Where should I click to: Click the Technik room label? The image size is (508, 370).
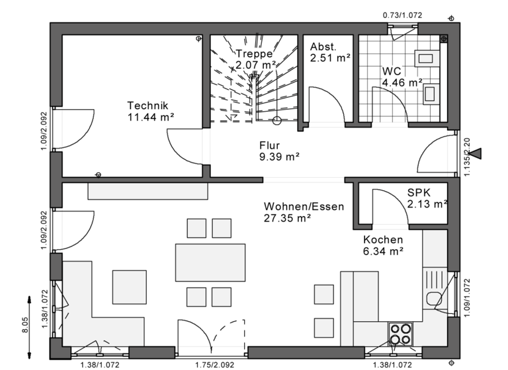click(148, 106)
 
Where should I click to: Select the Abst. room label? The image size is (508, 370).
click(323, 47)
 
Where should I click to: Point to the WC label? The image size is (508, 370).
click(392, 71)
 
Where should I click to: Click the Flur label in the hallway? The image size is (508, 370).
click(270, 145)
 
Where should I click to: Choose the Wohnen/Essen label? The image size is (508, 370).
click(304, 206)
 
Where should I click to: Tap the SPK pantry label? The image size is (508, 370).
click(419, 192)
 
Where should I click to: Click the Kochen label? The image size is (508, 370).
click(383, 240)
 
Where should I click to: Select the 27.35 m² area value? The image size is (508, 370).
click(288, 217)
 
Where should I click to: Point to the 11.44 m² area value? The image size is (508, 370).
click(151, 117)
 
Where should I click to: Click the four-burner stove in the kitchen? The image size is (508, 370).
click(400, 334)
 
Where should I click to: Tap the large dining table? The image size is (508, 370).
click(210, 262)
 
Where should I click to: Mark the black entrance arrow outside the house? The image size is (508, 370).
click(474, 154)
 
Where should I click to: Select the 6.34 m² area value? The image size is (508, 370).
click(383, 251)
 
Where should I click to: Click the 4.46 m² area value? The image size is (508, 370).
click(402, 83)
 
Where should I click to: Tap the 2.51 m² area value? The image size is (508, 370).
click(329, 58)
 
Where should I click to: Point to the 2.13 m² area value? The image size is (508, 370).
click(427, 203)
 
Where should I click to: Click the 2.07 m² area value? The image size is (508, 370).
click(255, 65)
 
